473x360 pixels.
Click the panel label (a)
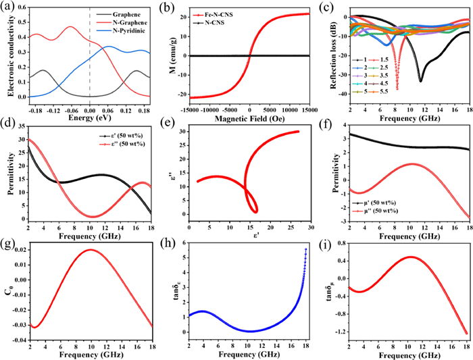coord(9,8)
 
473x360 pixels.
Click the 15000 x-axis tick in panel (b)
coord(309,110)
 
